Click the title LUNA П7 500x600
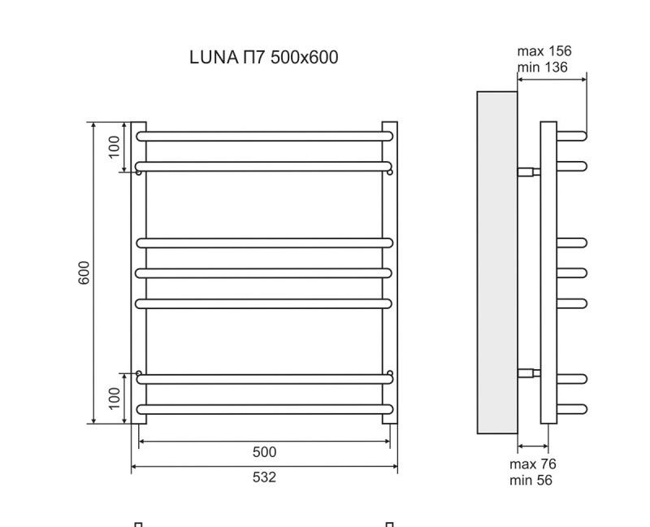pos(263,57)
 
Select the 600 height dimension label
pos(84,272)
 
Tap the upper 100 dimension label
pos(115,146)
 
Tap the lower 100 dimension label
pos(115,398)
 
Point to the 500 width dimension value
pos(264,452)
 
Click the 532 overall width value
pos(264,477)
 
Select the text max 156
pos(544,51)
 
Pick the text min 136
pos(543,67)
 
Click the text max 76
pos(533,464)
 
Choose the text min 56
pos(531,480)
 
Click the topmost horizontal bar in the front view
pos(264,136)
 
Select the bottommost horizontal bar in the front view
pos(264,409)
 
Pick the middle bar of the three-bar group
pos(264,272)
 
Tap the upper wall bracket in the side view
pos(529,172)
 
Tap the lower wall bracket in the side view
pos(529,373)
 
